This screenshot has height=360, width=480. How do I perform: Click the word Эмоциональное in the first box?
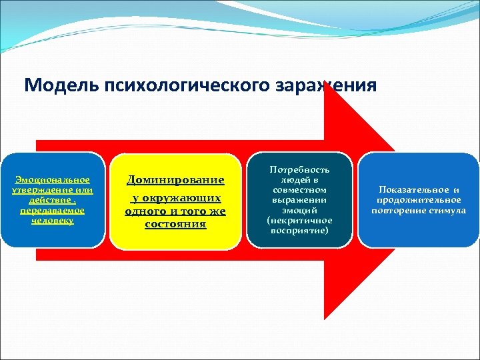53,180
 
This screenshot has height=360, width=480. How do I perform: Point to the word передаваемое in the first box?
53,210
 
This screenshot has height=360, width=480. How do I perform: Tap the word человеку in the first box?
53,220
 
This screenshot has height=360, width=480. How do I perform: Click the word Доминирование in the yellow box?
175,180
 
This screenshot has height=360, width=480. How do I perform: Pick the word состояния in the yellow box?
175,224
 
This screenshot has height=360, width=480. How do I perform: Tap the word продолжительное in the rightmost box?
419,200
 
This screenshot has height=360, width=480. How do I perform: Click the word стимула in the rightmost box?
447,211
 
